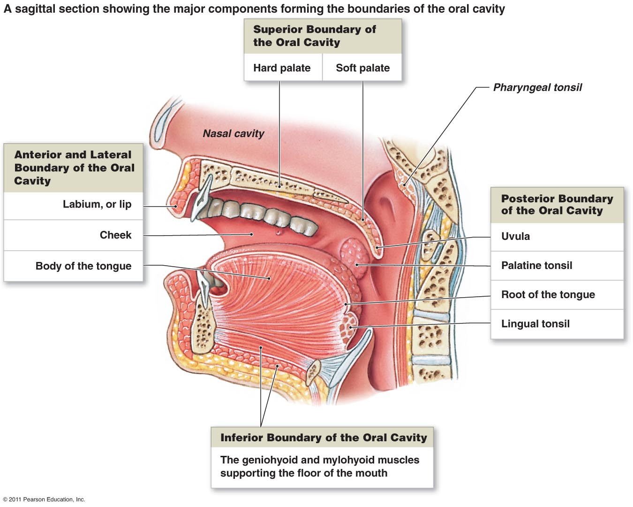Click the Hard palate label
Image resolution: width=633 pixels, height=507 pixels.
[282, 68]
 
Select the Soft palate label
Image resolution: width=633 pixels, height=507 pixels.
[362, 68]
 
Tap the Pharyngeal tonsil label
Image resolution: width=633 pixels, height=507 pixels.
[537, 87]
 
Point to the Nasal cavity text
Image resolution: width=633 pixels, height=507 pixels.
[233, 134]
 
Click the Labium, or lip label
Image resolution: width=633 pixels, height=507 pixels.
[97, 204]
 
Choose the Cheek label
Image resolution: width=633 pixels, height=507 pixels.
[115, 235]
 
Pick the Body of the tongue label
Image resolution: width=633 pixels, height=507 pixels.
[83, 266]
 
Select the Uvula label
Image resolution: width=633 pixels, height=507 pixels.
[515, 236]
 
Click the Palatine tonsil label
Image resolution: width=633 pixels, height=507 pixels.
[536, 266]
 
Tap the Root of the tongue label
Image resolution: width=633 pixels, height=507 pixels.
[548, 295]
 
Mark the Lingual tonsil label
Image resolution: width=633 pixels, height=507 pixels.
[535, 324]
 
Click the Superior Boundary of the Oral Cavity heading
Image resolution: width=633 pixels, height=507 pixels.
[314, 36]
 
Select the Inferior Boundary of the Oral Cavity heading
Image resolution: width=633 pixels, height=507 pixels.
[324, 438]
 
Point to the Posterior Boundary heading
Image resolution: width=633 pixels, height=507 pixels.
[557, 205]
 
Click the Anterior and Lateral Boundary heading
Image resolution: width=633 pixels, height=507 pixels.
[74, 168]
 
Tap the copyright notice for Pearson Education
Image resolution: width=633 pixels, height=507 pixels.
[44, 499]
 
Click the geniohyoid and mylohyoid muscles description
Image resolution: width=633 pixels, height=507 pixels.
[320, 466]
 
